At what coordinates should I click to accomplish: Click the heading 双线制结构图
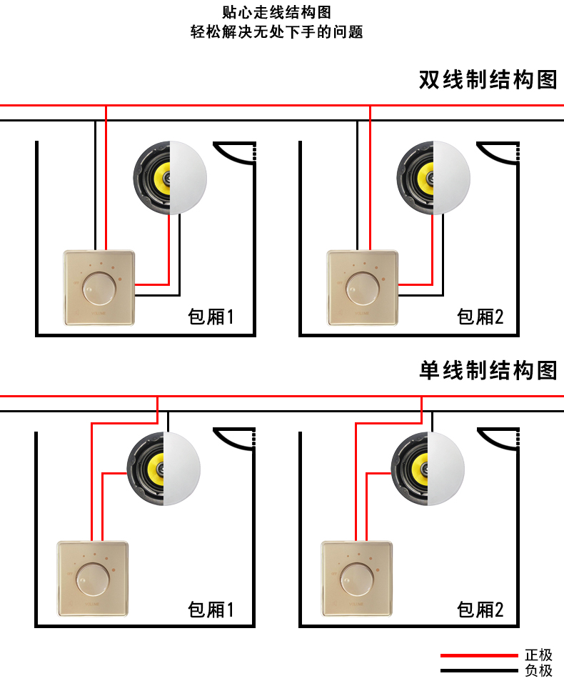point(488,80)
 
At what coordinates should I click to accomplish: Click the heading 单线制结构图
point(488,371)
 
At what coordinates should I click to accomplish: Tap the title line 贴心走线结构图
point(277,12)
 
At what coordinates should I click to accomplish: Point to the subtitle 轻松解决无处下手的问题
point(277,32)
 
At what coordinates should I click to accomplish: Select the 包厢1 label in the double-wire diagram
point(211,317)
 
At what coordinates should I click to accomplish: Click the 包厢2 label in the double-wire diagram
point(480,317)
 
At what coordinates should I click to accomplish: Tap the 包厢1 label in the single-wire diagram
point(211,610)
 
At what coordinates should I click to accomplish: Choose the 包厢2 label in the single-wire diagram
point(480,610)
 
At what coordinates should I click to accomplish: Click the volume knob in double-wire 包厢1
point(99,289)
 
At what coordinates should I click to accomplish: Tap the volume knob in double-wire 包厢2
point(362,289)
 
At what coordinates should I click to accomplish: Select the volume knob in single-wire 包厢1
point(93,580)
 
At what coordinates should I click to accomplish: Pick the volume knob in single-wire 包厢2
point(356,580)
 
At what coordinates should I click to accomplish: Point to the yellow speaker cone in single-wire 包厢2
point(420,469)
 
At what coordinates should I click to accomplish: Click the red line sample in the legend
point(479,655)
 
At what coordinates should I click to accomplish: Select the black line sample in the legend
point(479,671)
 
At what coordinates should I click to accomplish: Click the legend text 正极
point(539,655)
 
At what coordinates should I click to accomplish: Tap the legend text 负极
point(539,670)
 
